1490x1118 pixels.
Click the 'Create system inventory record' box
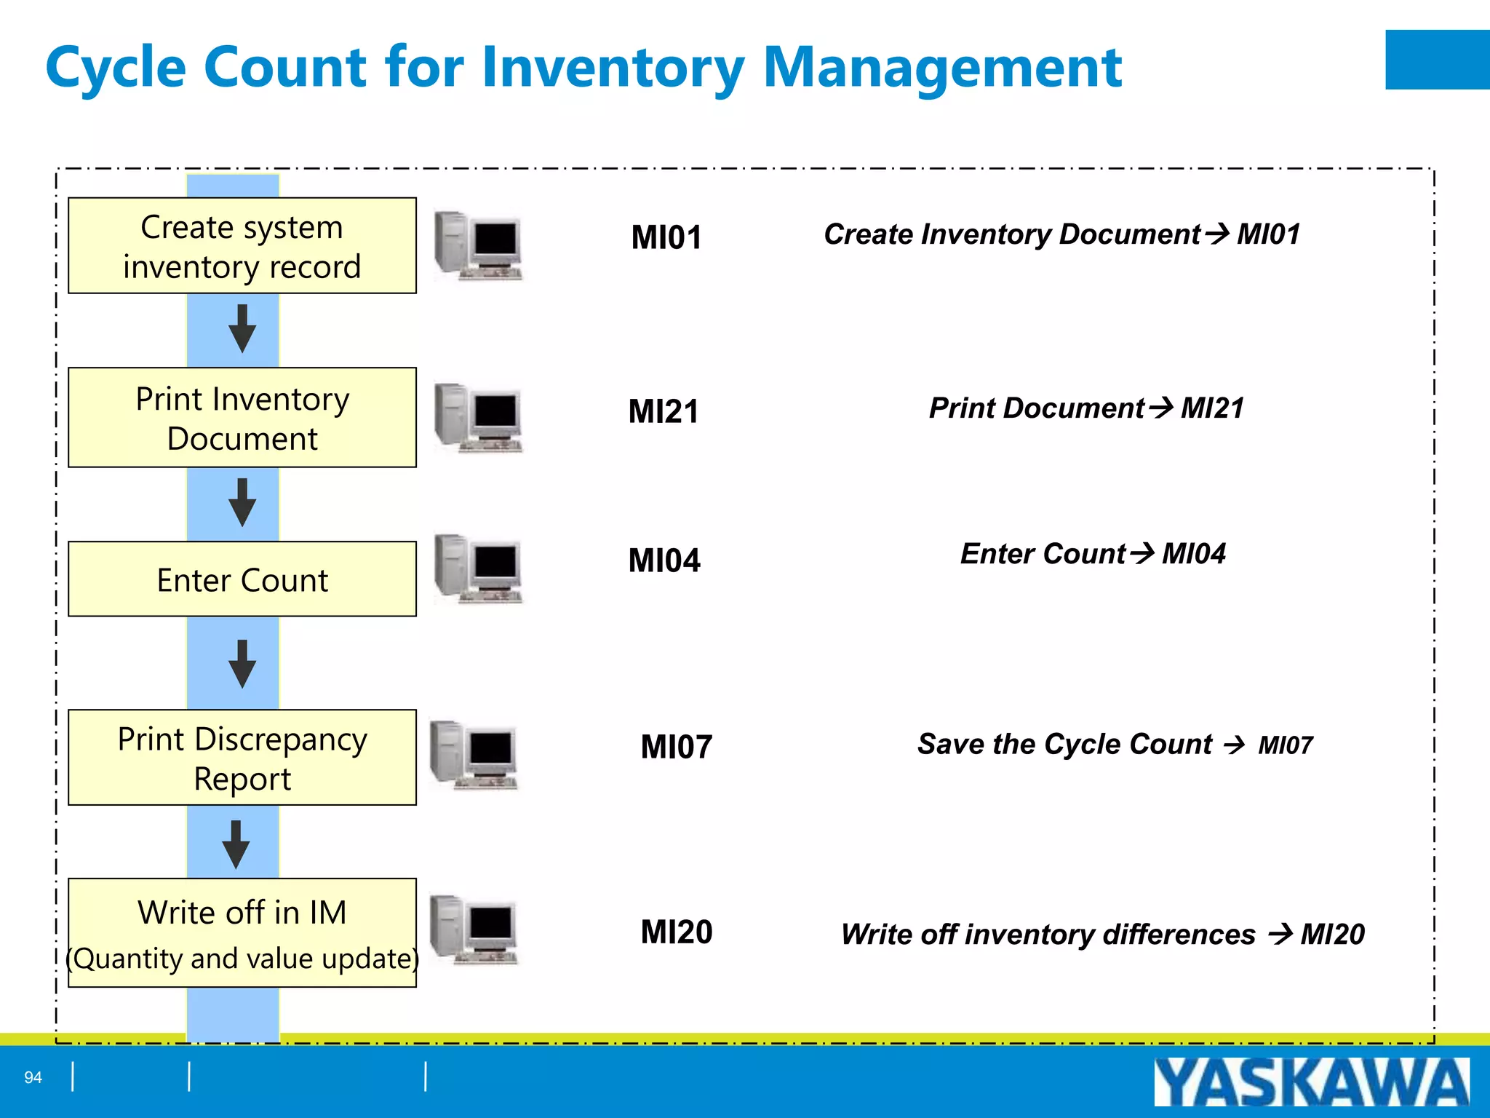click(242, 246)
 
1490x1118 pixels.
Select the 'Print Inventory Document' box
click(242, 418)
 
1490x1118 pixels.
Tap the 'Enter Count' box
click(242, 579)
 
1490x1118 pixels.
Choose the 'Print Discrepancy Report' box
click(242, 758)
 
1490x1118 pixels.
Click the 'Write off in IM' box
click(242, 933)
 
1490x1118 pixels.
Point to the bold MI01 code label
click(666, 238)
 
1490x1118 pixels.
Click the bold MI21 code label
click(664, 412)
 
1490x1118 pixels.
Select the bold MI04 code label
click(664, 561)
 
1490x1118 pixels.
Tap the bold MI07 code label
click(677, 748)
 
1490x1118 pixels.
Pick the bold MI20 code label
click(677, 932)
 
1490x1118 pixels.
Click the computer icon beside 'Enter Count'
click(478, 568)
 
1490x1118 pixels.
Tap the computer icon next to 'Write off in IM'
click(474, 929)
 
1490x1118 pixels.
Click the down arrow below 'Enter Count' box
click(242, 664)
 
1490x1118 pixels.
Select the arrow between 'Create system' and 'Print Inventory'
click(242, 329)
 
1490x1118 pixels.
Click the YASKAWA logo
click(1311, 1082)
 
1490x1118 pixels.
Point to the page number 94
click(33, 1077)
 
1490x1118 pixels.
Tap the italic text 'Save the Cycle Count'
click(1064, 745)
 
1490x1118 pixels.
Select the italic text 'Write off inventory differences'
click(1048, 935)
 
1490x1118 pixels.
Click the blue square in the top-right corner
click(1437, 60)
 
